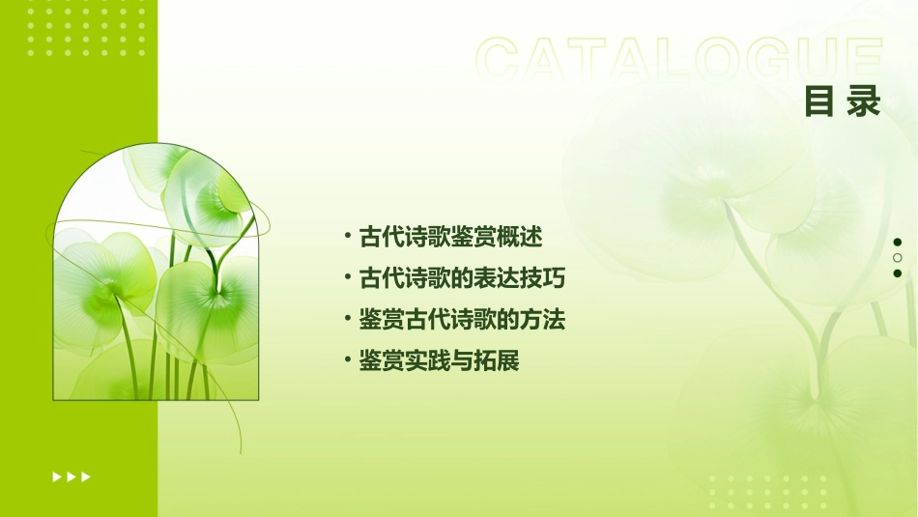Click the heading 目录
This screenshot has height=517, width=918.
[843, 101]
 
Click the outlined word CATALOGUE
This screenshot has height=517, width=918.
[679, 60]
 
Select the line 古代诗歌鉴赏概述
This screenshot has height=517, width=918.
[451, 237]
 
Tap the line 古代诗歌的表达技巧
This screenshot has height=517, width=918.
[462, 278]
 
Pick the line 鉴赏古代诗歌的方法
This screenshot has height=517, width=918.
[462, 320]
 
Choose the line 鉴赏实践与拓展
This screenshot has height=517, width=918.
[440, 361]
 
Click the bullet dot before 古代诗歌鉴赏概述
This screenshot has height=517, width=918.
[348, 237]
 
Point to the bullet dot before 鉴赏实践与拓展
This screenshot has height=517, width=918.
[348, 361]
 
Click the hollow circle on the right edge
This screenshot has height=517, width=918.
[897, 258]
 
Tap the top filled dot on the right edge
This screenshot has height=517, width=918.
[897, 243]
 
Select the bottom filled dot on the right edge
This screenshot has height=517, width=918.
[897, 273]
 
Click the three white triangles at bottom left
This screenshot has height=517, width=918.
[72, 476]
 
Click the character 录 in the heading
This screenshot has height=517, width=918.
[864, 101]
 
